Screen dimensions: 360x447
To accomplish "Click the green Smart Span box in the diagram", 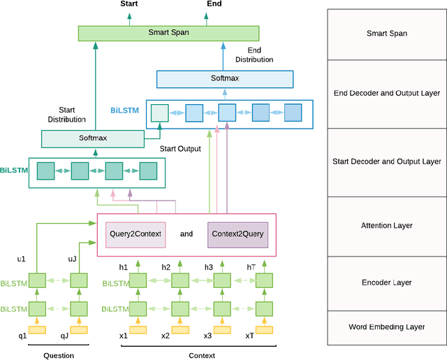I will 168,32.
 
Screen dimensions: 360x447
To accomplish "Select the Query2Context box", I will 135,234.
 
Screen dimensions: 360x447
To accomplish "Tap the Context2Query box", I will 237,234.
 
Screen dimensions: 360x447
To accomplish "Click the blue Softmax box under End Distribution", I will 224,78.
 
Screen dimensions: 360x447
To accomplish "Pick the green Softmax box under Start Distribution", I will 92,138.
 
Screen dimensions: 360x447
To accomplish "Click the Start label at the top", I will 129,4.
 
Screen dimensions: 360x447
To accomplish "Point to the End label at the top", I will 215,4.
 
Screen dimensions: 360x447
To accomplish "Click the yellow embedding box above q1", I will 36,330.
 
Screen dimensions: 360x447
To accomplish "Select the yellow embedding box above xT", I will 263,330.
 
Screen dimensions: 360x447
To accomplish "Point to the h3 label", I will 209,266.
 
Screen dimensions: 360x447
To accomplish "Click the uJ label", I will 72,259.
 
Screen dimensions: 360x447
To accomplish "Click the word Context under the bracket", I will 201,356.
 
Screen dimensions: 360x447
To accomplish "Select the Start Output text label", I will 180,149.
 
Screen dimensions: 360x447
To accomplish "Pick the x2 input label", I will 166,336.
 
